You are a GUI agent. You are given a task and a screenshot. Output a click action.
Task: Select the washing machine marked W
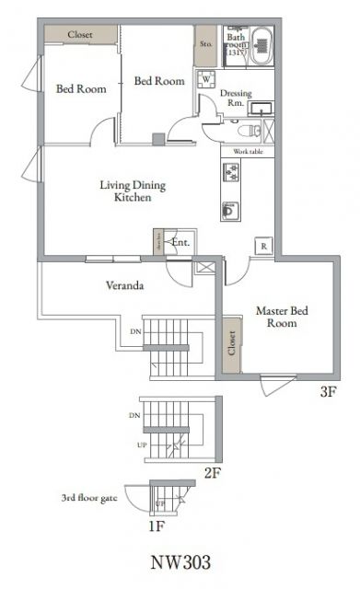tap(205, 80)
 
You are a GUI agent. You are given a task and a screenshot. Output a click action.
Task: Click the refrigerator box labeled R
tap(264, 246)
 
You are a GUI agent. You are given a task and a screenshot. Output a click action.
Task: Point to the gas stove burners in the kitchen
tap(230, 172)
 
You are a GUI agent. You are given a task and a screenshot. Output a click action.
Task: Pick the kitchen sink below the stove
tap(230, 210)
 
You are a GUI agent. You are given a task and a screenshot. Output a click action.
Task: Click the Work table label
tap(249, 150)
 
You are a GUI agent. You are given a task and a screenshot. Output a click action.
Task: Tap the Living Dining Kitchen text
tap(133, 191)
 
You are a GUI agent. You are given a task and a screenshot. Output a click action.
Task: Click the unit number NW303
tap(180, 560)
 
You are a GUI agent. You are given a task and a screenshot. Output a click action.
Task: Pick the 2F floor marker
tap(213, 474)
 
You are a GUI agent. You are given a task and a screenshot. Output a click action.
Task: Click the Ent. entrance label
tap(180, 243)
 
